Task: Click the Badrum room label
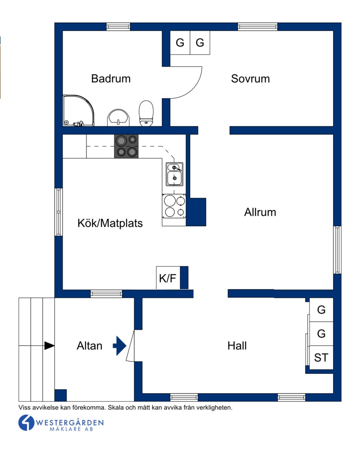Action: (x=111, y=78)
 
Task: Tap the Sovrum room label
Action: (x=250, y=78)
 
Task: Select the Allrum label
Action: (x=260, y=212)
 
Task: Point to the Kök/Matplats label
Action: (x=110, y=223)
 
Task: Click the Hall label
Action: (x=237, y=345)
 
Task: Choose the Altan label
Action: (x=90, y=345)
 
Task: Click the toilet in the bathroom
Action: (x=146, y=113)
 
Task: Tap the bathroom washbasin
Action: (x=118, y=118)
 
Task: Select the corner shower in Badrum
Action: (x=79, y=110)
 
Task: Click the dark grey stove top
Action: (x=126, y=146)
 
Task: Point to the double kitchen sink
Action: (x=174, y=174)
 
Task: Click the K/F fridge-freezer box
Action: (x=168, y=277)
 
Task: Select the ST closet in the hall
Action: (x=321, y=358)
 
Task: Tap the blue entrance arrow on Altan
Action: (x=120, y=345)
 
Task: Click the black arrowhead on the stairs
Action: (x=49, y=345)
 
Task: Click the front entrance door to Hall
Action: (x=130, y=345)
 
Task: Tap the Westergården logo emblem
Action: (x=27, y=423)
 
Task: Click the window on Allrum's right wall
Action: (x=337, y=250)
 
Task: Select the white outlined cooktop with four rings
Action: (x=174, y=206)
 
